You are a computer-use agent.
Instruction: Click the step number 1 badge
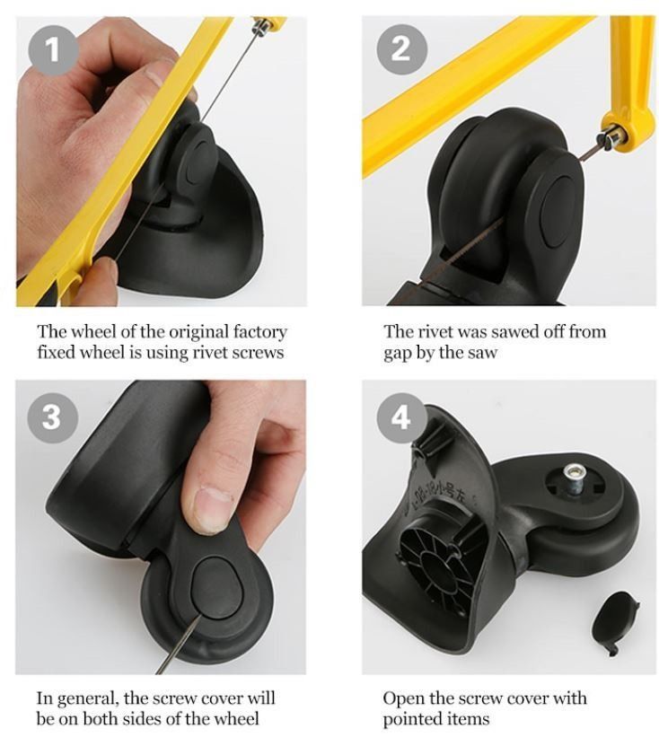tap(52, 50)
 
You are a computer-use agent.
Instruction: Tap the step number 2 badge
tap(400, 49)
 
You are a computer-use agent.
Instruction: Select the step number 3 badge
tap(52, 417)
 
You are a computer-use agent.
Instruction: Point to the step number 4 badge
tap(400, 417)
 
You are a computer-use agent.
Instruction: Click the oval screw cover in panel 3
tap(217, 588)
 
